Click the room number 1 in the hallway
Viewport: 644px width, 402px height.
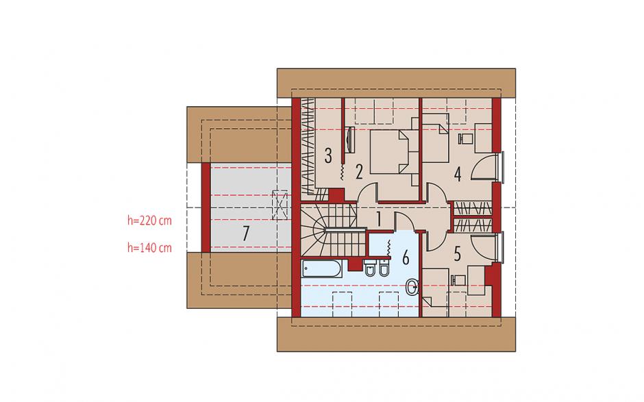(x=379, y=218)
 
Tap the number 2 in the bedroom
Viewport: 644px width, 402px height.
(x=359, y=172)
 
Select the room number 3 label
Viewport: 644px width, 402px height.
(x=327, y=155)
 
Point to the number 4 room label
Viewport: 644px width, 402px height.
(x=458, y=174)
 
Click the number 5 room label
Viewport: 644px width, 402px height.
(x=458, y=254)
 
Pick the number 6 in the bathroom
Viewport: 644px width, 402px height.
(x=406, y=258)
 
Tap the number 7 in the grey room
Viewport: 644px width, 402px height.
(x=245, y=234)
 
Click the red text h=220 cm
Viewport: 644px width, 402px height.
(x=149, y=221)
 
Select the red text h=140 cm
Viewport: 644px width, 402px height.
(x=149, y=248)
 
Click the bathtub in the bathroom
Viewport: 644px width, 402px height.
(x=321, y=269)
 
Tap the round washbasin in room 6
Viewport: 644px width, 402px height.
(x=412, y=287)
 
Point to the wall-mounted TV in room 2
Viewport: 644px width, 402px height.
(x=349, y=140)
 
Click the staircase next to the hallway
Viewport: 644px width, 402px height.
(x=333, y=230)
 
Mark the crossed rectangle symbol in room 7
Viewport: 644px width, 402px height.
(x=280, y=204)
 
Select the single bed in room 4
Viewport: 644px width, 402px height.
(x=435, y=137)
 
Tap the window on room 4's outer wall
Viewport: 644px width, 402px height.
(x=501, y=167)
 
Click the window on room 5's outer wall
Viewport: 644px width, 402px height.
(x=501, y=247)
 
